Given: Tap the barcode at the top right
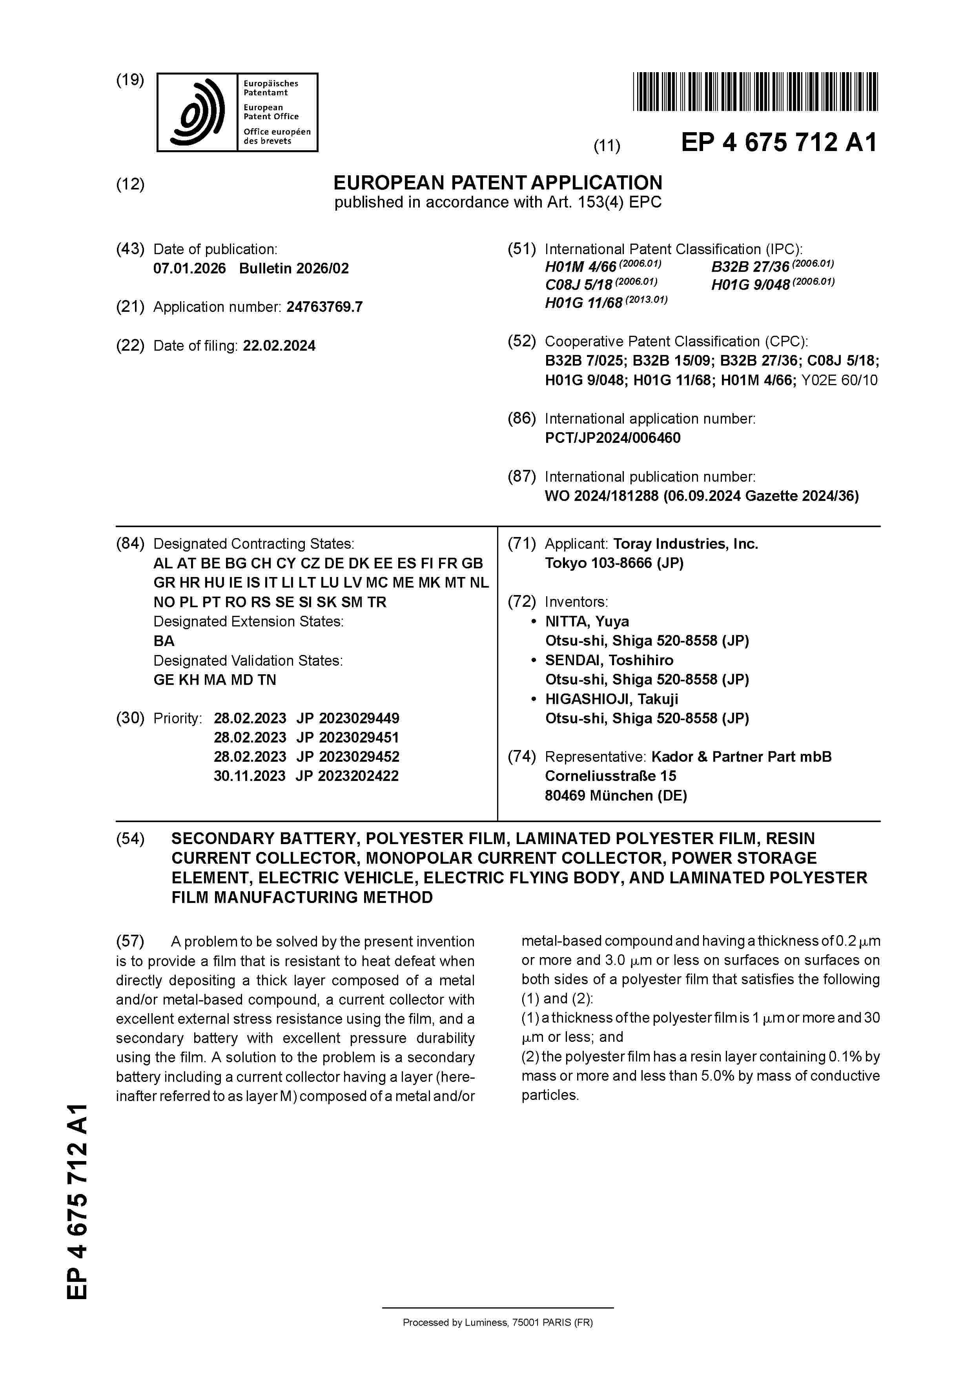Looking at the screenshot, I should tap(755, 92).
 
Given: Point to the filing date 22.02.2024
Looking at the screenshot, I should tap(279, 346).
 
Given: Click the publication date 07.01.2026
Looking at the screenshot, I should tap(189, 268).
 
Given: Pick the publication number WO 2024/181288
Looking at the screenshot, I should tap(601, 496).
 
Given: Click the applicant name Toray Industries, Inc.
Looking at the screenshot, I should tap(685, 544).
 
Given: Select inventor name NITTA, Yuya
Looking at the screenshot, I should tap(586, 621).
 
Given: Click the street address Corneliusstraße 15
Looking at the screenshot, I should tap(610, 776).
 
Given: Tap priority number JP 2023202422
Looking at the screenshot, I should tap(347, 776).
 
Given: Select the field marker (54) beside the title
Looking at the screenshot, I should tap(130, 839).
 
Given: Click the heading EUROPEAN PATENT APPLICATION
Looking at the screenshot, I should tap(497, 183).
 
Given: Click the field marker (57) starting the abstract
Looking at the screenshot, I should tap(130, 941).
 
